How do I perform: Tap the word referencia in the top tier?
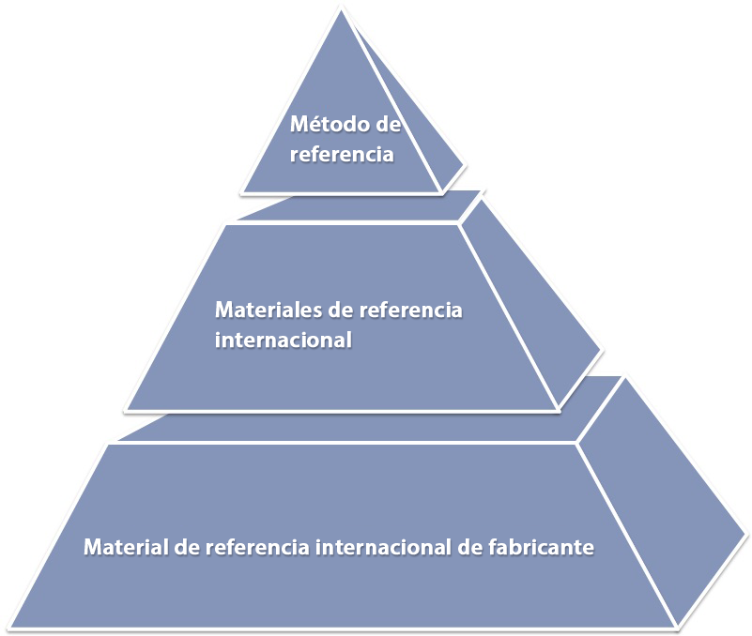341,155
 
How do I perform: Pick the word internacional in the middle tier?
283,340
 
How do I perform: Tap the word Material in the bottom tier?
126,546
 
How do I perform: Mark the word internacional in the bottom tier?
384,546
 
